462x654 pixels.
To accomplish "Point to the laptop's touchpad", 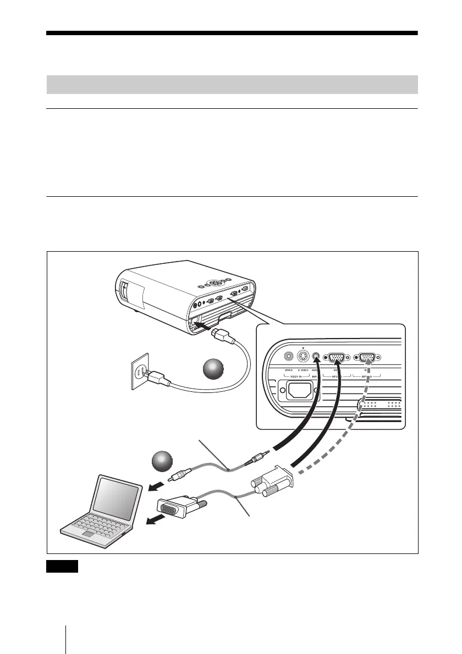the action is coord(87,534).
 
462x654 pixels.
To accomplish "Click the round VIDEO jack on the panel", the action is coord(288,356).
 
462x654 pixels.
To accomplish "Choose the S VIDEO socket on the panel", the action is coord(302,356).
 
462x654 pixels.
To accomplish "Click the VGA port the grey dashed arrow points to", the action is coord(367,358).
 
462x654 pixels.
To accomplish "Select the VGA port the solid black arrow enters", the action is coord(337,358).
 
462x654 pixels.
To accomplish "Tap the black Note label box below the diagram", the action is coord(63,567).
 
